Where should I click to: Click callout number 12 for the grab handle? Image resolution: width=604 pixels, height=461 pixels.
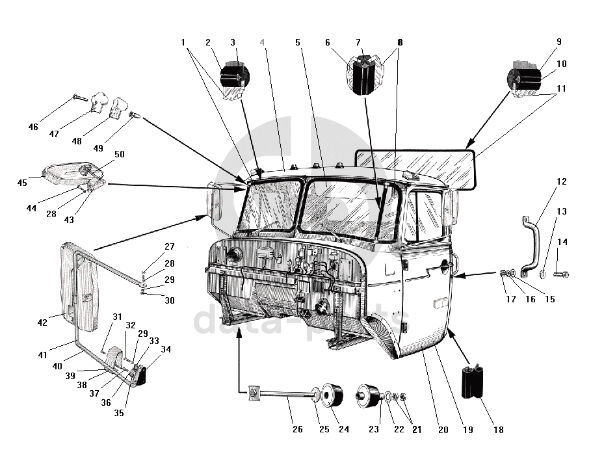click(562, 181)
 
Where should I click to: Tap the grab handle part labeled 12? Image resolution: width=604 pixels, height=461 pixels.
click(530, 246)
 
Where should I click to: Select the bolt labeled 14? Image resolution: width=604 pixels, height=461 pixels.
click(562, 274)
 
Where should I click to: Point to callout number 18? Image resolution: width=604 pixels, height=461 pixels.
click(499, 430)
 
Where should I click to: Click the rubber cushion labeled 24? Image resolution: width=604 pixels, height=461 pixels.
click(332, 395)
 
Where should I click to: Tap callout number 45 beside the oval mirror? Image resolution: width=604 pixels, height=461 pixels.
click(22, 183)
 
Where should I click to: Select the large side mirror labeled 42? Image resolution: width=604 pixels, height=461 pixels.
click(79, 287)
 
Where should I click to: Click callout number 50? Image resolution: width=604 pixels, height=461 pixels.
click(120, 154)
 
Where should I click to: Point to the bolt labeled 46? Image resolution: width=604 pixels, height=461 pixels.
click(81, 98)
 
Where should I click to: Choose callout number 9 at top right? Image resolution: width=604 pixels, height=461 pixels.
click(559, 42)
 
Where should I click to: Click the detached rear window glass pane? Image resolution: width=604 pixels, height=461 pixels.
click(415, 168)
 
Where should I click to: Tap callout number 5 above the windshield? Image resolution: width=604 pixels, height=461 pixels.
click(297, 42)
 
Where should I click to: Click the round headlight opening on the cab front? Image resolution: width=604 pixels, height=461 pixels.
click(234, 255)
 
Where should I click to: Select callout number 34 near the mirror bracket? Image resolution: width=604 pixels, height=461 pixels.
click(166, 349)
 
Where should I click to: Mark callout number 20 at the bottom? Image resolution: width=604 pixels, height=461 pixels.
click(443, 430)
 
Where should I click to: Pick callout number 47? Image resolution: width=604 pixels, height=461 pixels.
click(54, 134)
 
